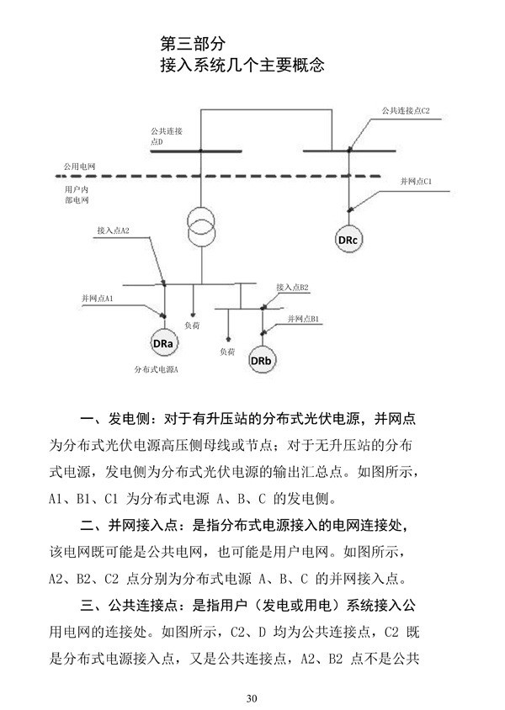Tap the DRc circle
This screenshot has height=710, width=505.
point(348,241)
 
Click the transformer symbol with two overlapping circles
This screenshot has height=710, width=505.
point(200,225)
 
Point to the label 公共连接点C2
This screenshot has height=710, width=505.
point(407,111)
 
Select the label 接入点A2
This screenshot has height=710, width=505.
point(113,230)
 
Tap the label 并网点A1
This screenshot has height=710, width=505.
point(97,299)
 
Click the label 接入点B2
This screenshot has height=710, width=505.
point(292,288)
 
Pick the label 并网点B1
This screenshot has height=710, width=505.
point(302,320)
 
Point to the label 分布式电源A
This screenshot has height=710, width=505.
point(157,369)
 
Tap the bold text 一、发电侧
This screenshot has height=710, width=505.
point(118,419)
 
